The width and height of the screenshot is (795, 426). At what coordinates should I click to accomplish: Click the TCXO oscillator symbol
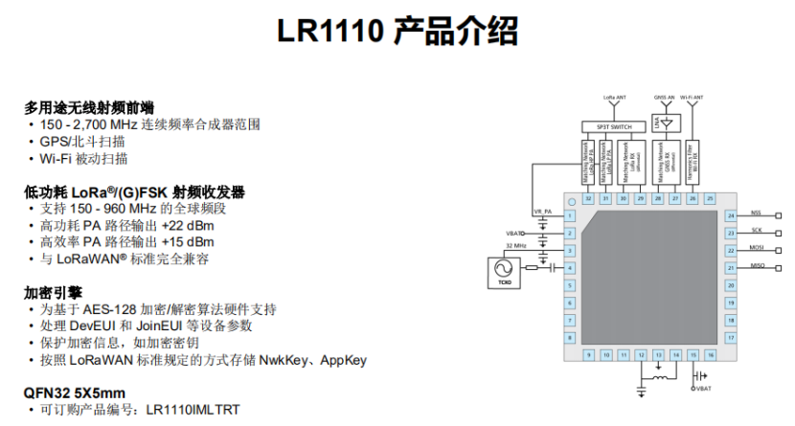[502, 272]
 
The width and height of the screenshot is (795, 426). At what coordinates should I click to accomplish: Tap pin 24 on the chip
[730, 216]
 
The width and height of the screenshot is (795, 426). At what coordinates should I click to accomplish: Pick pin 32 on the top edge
[588, 198]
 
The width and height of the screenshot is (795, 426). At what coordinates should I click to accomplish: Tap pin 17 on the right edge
[730, 338]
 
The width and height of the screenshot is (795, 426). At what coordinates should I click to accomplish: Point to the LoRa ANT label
[615, 98]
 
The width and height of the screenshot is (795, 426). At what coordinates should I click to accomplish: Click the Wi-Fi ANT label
[692, 98]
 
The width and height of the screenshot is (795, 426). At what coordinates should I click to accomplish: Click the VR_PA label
[542, 212]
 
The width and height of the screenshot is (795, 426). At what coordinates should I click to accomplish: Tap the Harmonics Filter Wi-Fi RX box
[692, 162]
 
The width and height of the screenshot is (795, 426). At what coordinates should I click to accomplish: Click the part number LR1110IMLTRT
[193, 411]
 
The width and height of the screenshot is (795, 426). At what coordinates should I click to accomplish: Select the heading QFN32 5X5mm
[75, 392]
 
